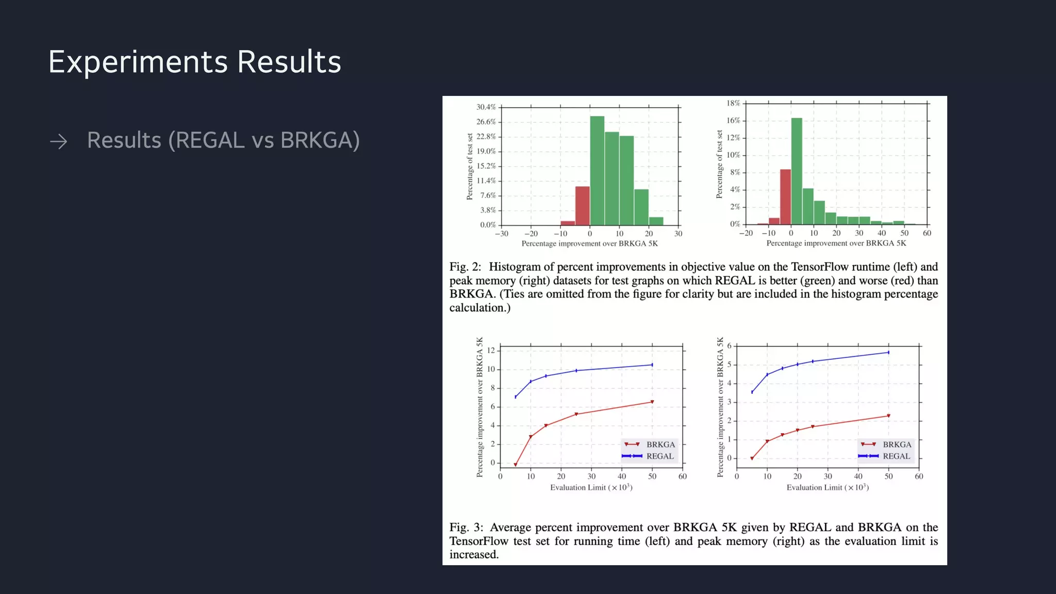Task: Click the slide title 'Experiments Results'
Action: [x=194, y=62]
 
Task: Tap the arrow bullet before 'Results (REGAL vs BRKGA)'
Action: [x=59, y=141]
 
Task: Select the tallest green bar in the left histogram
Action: [x=597, y=170]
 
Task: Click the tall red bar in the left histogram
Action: [x=582, y=205]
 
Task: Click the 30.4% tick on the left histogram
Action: [x=486, y=107]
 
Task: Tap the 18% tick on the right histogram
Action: [x=733, y=103]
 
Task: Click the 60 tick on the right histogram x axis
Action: [x=927, y=233]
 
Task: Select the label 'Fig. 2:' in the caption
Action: [x=465, y=267]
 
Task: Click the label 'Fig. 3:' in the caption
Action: [x=466, y=527]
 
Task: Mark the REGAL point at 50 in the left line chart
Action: [x=652, y=365]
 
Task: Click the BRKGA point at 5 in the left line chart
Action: [x=515, y=465]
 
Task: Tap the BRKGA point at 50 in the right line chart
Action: [x=888, y=416]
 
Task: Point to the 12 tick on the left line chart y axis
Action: [x=491, y=351]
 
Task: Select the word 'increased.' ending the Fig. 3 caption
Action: [x=473, y=555]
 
